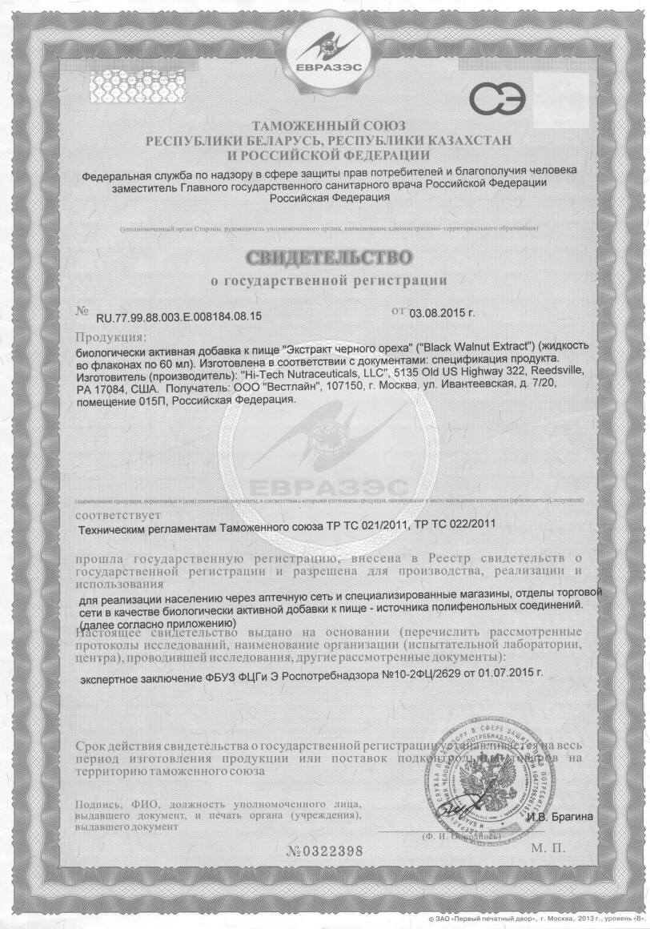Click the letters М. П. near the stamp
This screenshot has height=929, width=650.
click(x=547, y=847)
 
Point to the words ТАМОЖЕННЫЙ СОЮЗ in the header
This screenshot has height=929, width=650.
click(x=329, y=127)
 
